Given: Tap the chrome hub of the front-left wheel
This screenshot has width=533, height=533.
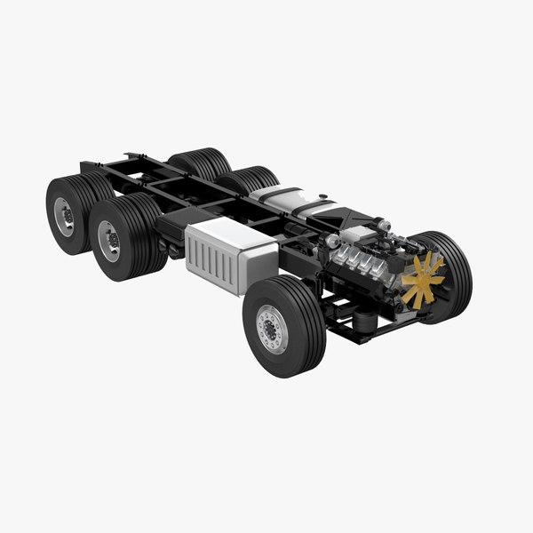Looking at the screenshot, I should [271, 328].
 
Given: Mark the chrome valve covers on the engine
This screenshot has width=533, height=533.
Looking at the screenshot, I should [359, 261].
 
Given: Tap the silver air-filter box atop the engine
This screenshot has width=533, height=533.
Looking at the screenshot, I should [359, 233].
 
